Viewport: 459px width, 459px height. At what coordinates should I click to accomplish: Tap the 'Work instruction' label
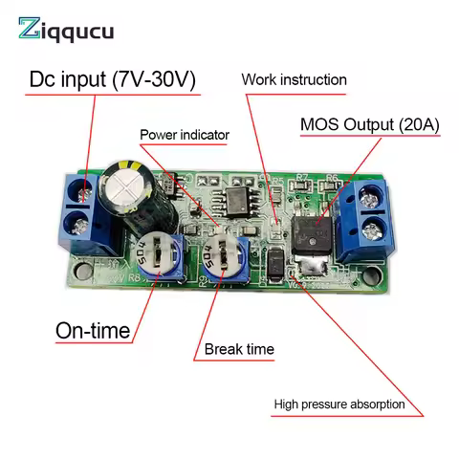tap(294, 79)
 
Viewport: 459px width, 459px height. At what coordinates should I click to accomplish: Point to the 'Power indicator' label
tap(185, 135)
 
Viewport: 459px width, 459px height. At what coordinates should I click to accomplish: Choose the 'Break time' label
tap(239, 349)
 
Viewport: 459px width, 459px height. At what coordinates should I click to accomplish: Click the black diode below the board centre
tap(273, 259)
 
